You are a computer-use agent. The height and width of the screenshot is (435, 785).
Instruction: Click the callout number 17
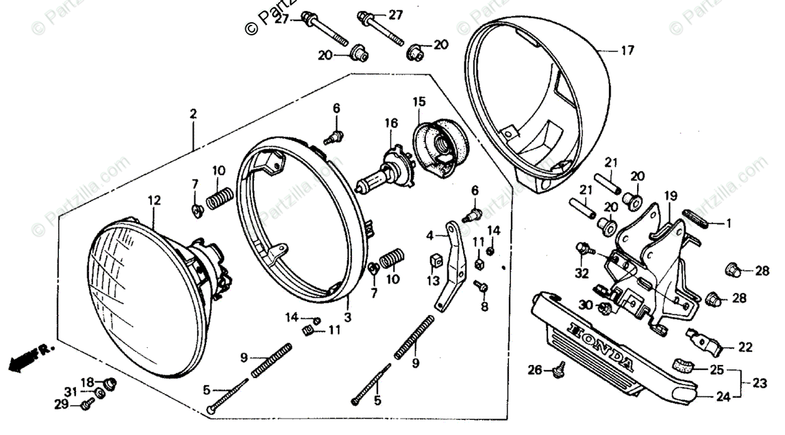point(627,50)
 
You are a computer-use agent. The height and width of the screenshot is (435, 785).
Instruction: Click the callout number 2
point(193,114)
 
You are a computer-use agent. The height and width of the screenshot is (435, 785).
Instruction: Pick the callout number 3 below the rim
point(347,317)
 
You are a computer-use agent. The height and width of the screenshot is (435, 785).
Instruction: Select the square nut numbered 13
point(432,262)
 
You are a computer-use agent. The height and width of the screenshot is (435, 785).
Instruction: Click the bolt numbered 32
point(584,248)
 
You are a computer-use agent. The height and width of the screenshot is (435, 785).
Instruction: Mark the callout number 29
point(61,405)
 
